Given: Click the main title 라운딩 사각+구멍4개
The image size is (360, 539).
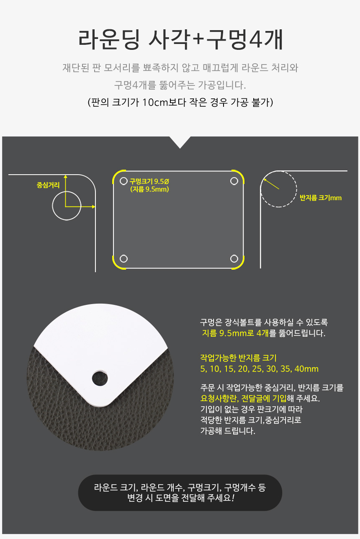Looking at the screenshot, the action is pos(180,39).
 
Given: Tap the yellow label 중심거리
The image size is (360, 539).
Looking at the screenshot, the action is pos(48,185).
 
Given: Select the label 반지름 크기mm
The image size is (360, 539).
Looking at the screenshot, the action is pos(321,198).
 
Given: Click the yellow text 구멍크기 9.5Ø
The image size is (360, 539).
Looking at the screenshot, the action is pos(149,181).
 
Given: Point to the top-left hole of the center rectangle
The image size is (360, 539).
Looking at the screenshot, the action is pos(123,181).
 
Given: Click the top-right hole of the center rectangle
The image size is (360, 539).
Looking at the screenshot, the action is pos(234,181).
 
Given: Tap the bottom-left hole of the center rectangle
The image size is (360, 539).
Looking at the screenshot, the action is pos(123,259).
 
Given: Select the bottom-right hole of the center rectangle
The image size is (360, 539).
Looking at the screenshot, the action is pos(234,259).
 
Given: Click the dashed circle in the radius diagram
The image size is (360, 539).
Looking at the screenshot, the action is pos(296,189).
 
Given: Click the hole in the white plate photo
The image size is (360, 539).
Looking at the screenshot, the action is pos(100,378).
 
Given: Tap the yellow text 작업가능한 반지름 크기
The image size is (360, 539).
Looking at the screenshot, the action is pos(238,358).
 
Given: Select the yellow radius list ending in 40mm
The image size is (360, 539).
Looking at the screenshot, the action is pos(259,369).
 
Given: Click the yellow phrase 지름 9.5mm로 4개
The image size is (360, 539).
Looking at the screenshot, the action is pos(235,333).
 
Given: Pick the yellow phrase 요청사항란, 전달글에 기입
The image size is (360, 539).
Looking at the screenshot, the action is pos(243,398).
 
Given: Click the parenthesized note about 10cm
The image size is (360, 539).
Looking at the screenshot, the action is pos(180,103).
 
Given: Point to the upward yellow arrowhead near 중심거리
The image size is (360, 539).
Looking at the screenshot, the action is pos(65,177).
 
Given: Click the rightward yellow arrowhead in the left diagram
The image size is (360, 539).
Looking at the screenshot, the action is pos(93,206).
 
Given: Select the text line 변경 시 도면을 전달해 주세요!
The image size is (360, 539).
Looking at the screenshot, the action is pos(180,498).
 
